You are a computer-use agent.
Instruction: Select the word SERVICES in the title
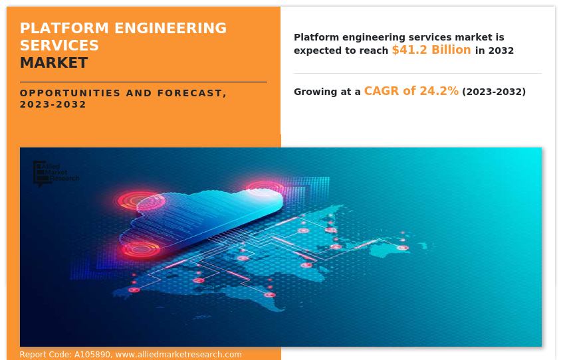pos(59,46)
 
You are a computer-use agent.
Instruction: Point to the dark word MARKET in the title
pos(53,63)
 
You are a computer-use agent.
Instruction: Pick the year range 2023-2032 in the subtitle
pos(53,104)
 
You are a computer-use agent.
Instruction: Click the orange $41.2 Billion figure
pos(431,50)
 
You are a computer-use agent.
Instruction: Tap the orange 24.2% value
pos(439,92)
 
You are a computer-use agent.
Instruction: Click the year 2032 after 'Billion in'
pos(501,51)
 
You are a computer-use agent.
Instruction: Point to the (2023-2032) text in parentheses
pos(494,92)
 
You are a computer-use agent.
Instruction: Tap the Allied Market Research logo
pos(56,173)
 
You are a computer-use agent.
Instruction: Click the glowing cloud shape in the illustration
pos(206,219)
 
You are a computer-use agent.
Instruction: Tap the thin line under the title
pos(143,82)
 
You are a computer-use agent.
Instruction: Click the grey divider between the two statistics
pos(417,73)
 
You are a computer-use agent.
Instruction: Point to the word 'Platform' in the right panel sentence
pos(316,37)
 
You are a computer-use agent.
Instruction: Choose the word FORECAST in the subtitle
pos(192,93)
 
